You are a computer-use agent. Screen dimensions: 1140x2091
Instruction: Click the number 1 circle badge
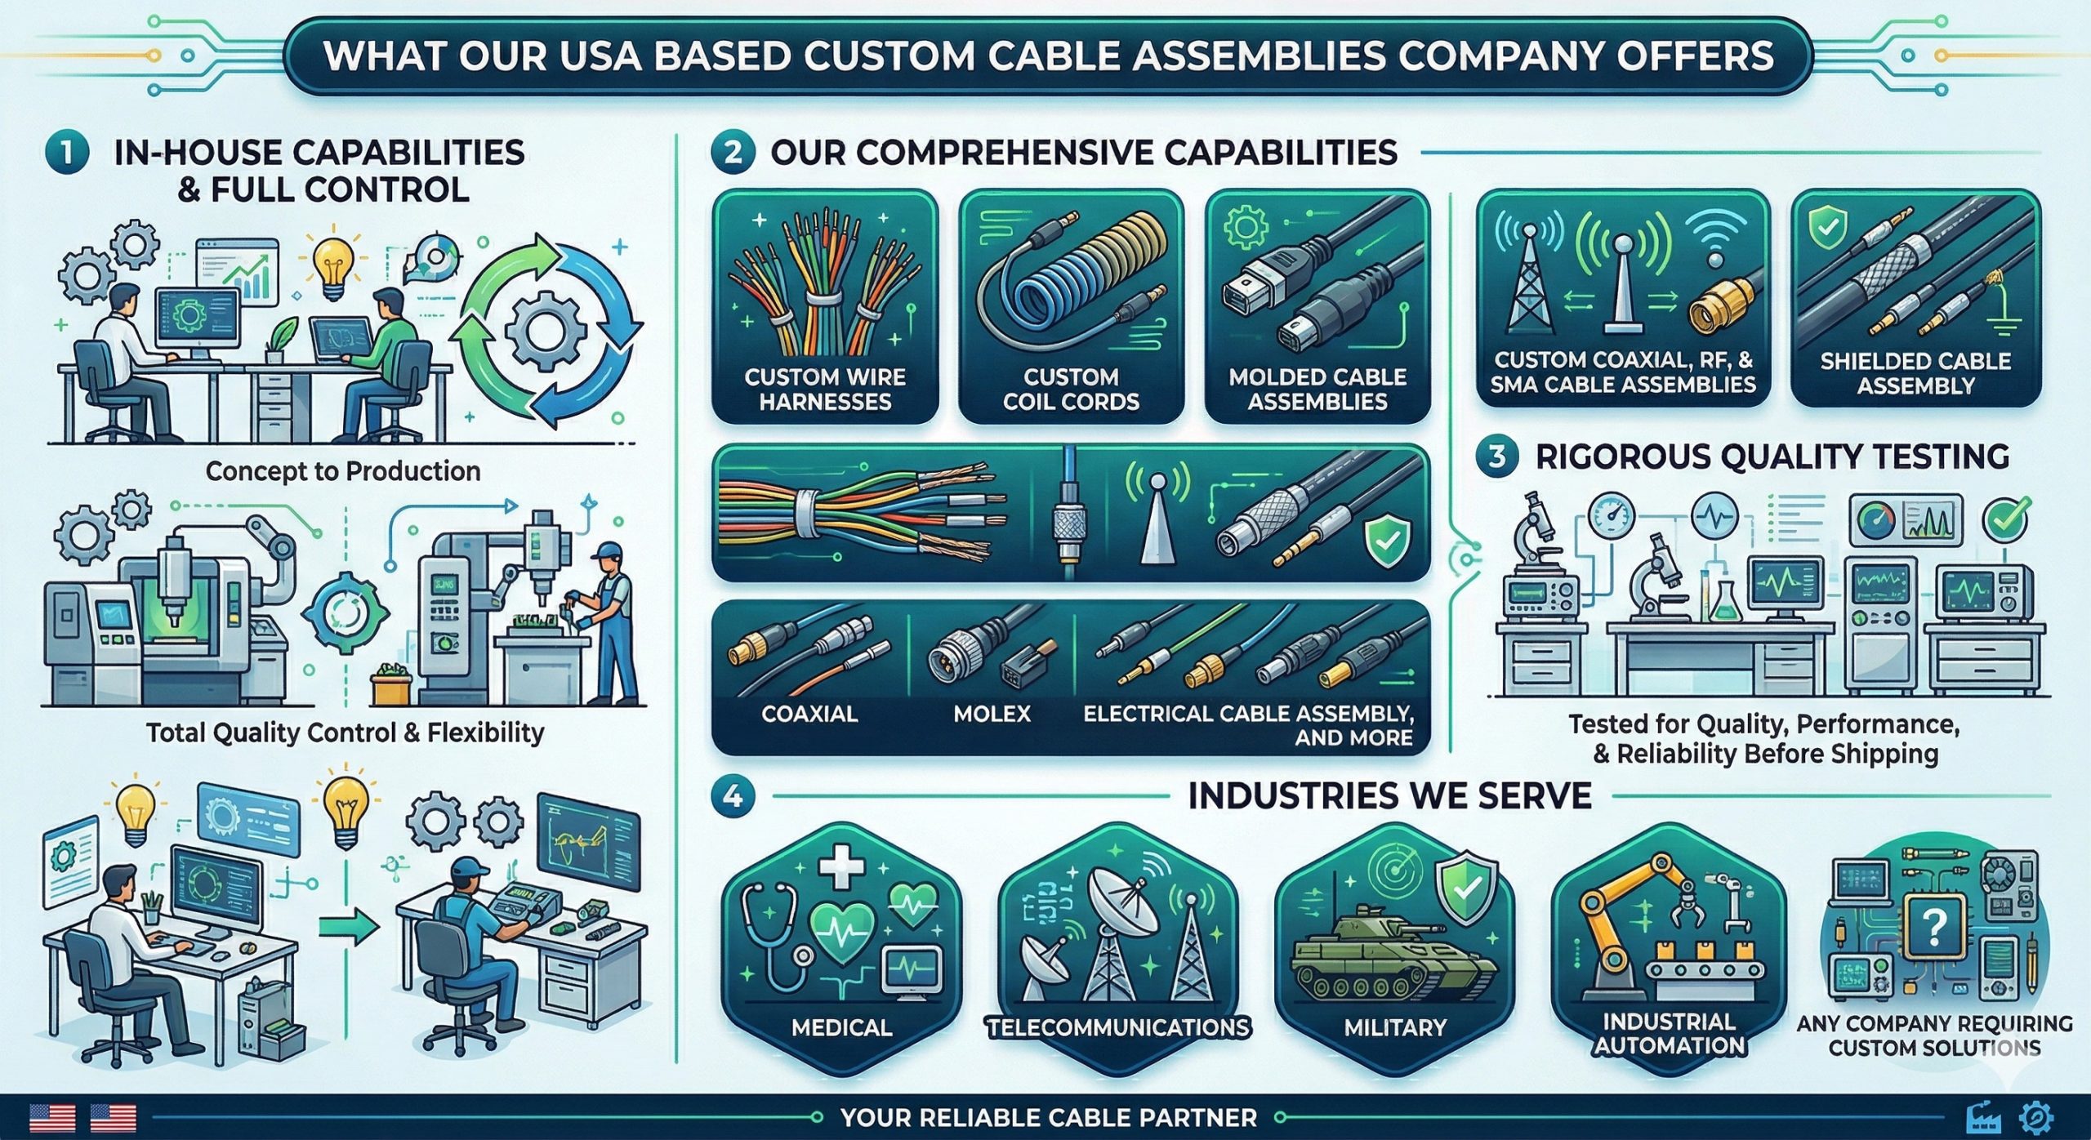67,153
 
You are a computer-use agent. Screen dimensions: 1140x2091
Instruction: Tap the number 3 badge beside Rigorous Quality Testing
1497,456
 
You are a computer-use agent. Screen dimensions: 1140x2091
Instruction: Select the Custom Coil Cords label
1070,389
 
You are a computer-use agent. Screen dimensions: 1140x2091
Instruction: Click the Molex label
992,713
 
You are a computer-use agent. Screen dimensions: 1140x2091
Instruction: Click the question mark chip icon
1933,928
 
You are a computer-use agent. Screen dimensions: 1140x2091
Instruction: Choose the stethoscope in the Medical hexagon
772,923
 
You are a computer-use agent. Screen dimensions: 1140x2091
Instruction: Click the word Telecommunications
1118,1026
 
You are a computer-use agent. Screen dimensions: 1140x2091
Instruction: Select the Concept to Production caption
342,471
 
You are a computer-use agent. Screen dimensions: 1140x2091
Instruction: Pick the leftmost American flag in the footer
51,1116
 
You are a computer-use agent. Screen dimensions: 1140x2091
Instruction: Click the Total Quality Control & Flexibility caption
345,733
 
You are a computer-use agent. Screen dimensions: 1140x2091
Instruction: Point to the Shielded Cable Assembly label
1915,373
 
